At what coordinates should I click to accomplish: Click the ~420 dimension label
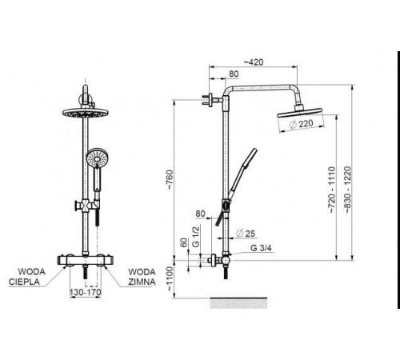254,62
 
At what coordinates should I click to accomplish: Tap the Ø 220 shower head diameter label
301,124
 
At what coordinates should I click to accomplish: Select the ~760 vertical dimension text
170,180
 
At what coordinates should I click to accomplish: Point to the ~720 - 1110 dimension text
331,190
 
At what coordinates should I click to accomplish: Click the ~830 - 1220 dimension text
348,190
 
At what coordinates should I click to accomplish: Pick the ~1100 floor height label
170,279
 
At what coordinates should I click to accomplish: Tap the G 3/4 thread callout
261,248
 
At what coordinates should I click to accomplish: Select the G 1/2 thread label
196,237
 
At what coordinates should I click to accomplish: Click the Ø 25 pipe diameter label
246,234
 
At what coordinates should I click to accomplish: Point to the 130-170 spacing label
86,292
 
